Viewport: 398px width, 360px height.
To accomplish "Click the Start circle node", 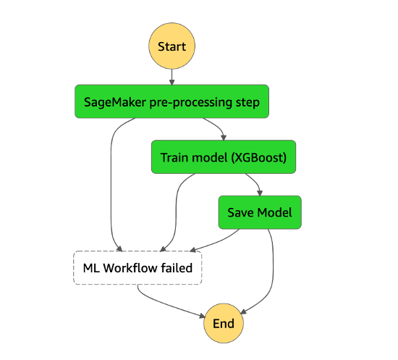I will pos(172,46).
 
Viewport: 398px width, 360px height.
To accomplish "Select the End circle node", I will pos(223,323).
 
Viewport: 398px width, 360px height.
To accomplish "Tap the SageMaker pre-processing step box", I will pos(172,101).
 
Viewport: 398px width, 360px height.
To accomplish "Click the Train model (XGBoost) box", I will pos(224,157).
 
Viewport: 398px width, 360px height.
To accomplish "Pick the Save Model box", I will pos(261,212).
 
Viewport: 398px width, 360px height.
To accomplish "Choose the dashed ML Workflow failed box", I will pos(137,268).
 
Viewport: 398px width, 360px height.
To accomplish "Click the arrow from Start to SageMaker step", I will pos(172,77).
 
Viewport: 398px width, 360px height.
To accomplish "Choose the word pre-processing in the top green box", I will pos(191,101).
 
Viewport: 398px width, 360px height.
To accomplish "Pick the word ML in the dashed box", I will pos(91,268).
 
